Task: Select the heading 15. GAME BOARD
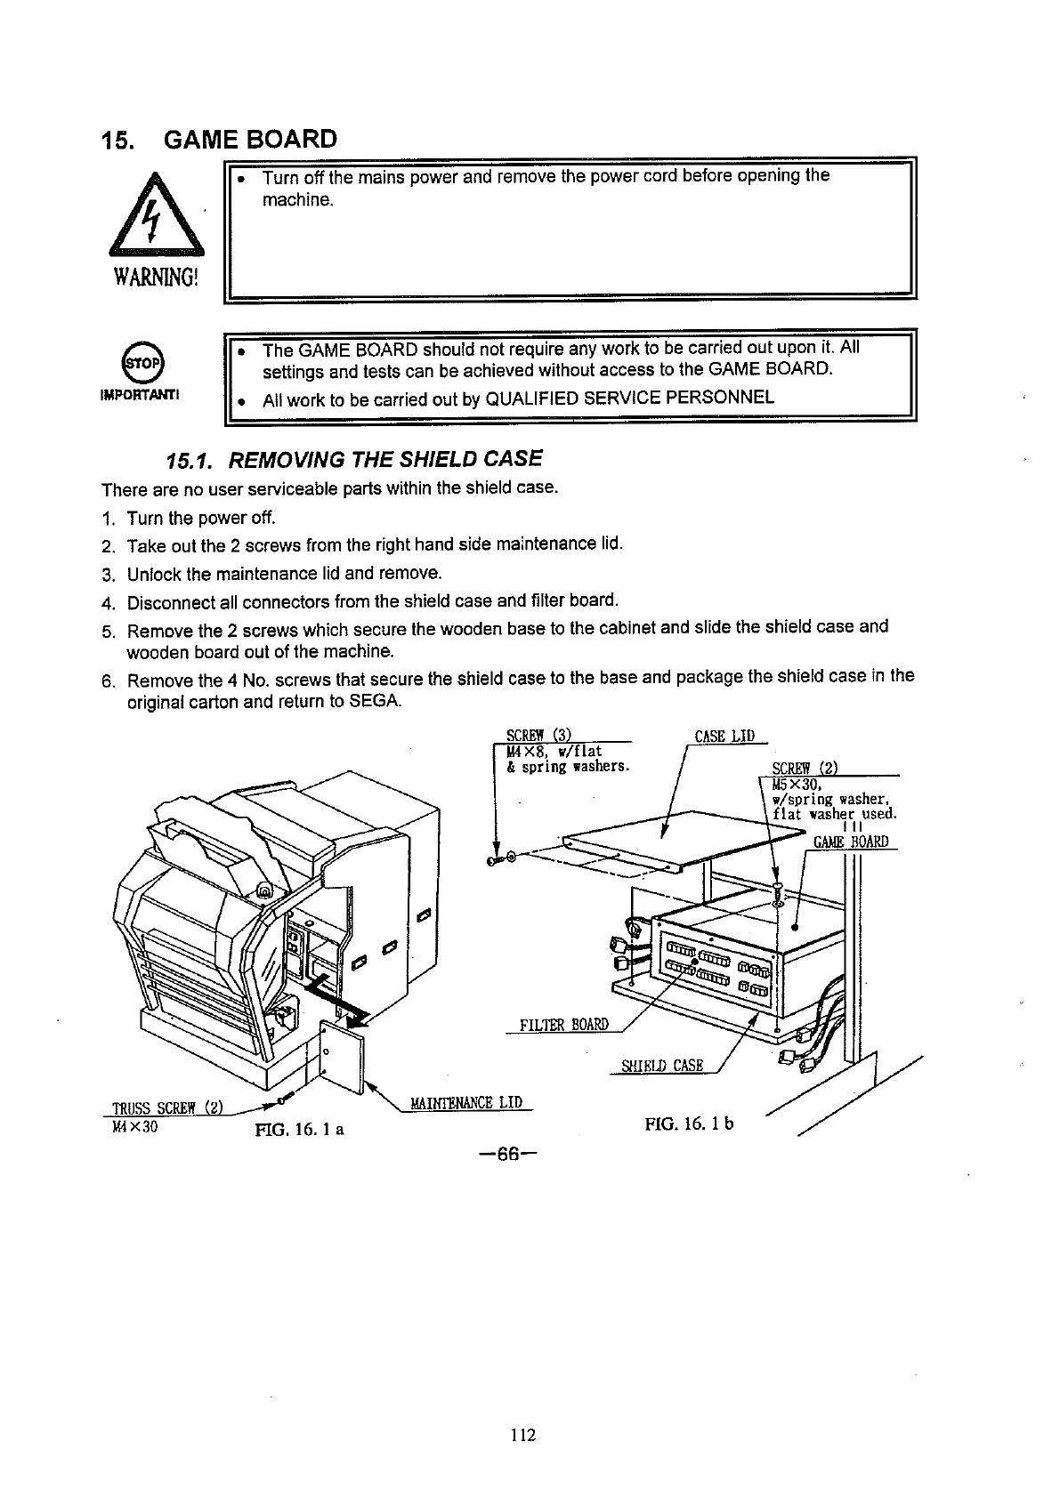tap(219, 140)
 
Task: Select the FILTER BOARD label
tap(563, 1024)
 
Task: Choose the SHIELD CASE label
tap(661, 1066)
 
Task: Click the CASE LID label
tap(724, 736)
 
